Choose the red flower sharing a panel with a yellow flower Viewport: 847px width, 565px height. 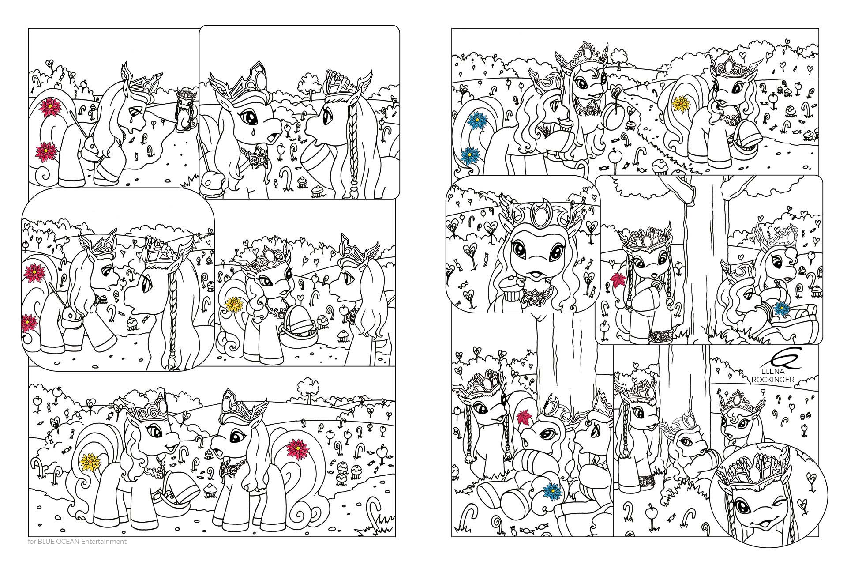click(296, 449)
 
